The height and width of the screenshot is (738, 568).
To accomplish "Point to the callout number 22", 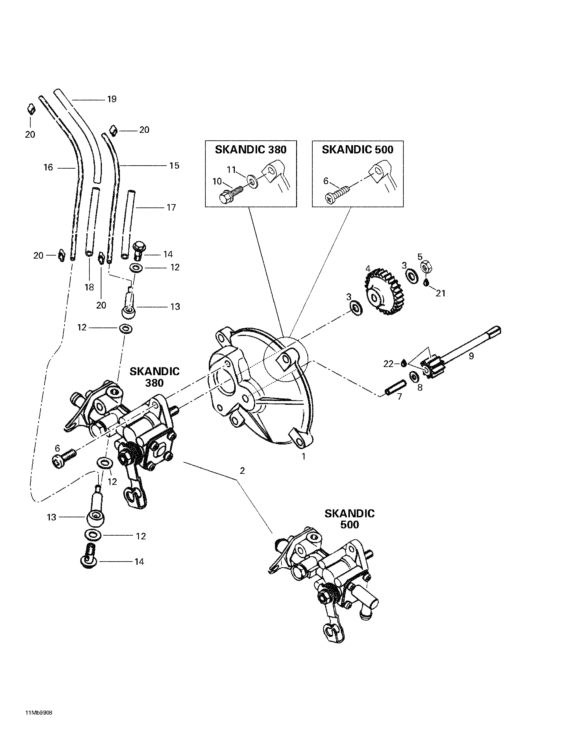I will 388,364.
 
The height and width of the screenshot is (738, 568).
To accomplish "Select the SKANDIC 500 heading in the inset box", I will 357,150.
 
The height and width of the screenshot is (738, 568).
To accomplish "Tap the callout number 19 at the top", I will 112,99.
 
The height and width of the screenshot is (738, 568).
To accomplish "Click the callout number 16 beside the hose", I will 48,167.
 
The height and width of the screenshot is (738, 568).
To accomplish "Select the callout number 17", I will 171,207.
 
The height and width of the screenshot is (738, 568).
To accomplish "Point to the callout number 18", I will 89,287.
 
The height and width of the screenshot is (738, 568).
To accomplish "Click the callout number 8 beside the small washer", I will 420,387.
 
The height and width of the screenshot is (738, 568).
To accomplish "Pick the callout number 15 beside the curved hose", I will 174,166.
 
